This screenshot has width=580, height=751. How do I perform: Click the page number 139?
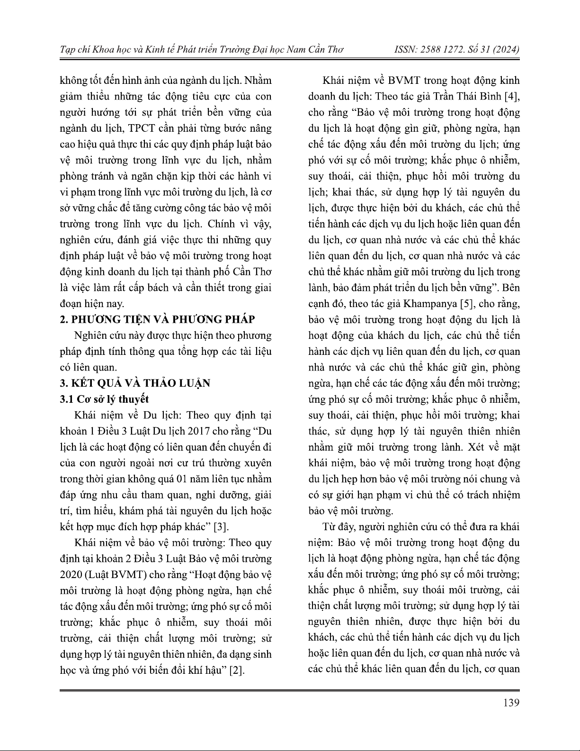(x=511, y=702)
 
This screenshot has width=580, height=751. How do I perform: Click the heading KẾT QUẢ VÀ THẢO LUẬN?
(x=140, y=383)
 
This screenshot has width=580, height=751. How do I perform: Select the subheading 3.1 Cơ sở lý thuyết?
(x=104, y=399)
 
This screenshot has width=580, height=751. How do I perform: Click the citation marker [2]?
(x=237, y=670)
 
